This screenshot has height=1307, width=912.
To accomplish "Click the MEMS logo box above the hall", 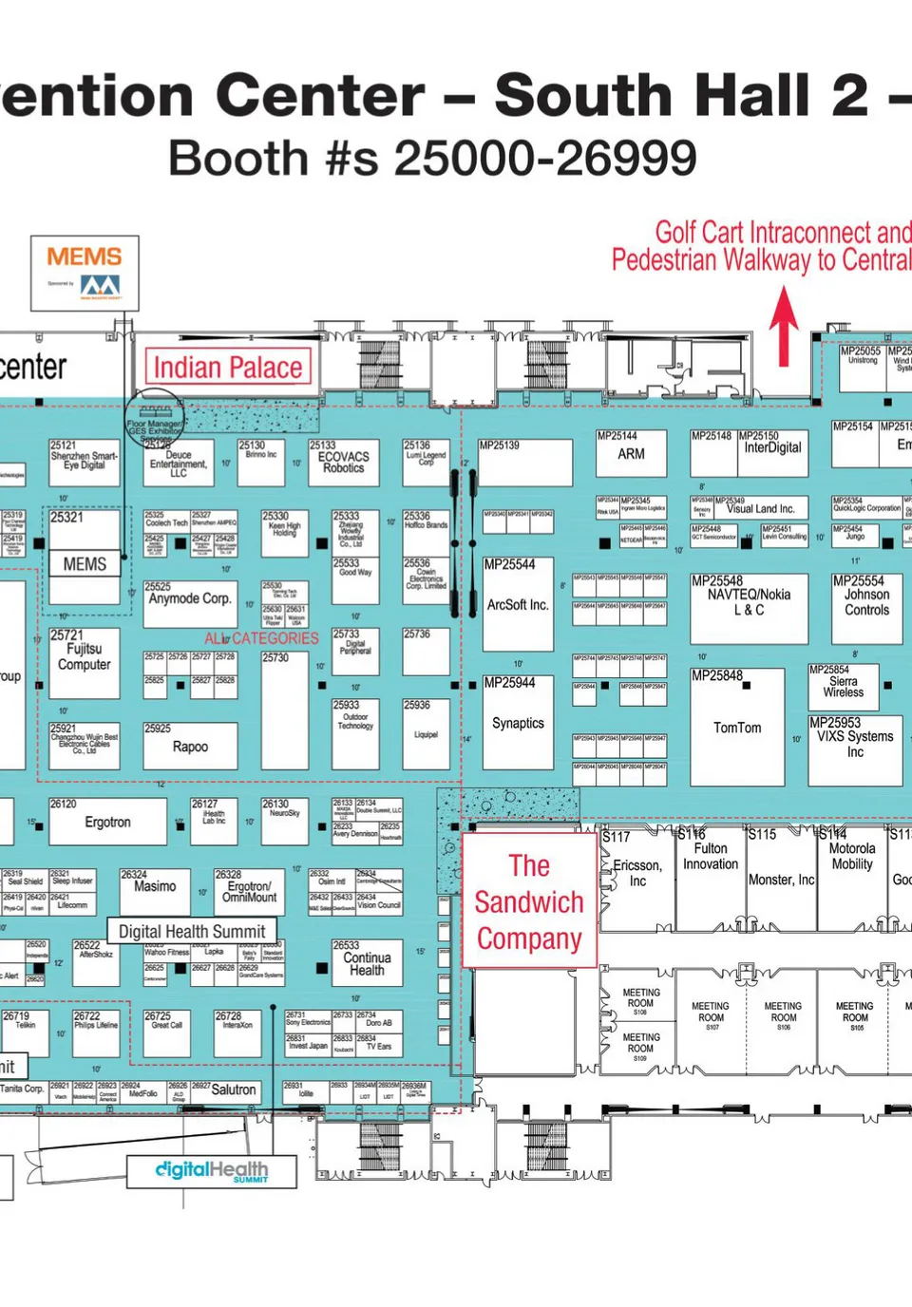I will pyautogui.click(x=85, y=274).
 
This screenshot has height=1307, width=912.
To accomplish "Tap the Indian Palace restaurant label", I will pyautogui.click(x=228, y=368).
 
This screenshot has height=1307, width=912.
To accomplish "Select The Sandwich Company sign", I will pyautogui.click(x=529, y=901).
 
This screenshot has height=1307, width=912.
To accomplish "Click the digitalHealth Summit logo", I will pyautogui.click(x=212, y=1171).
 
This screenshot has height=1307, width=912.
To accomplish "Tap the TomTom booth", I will pyautogui.click(x=737, y=728).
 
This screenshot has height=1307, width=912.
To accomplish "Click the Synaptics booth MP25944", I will pyautogui.click(x=518, y=723).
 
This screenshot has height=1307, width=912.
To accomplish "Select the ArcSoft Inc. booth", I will pyautogui.click(x=518, y=604).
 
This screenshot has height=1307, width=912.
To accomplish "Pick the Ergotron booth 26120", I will pyautogui.click(x=107, y=822).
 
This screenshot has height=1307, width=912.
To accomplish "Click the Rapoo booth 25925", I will pyautogui.click(x=190, y=747).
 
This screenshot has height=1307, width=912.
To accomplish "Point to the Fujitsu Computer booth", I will pyautogui.click(x=85, y=656).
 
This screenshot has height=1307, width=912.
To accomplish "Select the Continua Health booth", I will pyautogui.click(x=367, y=963).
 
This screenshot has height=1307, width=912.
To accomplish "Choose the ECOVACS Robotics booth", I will pyautogui.click(x=344, y=462).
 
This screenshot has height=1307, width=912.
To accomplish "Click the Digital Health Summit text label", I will pyautogui.click(x=192, y=932).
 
